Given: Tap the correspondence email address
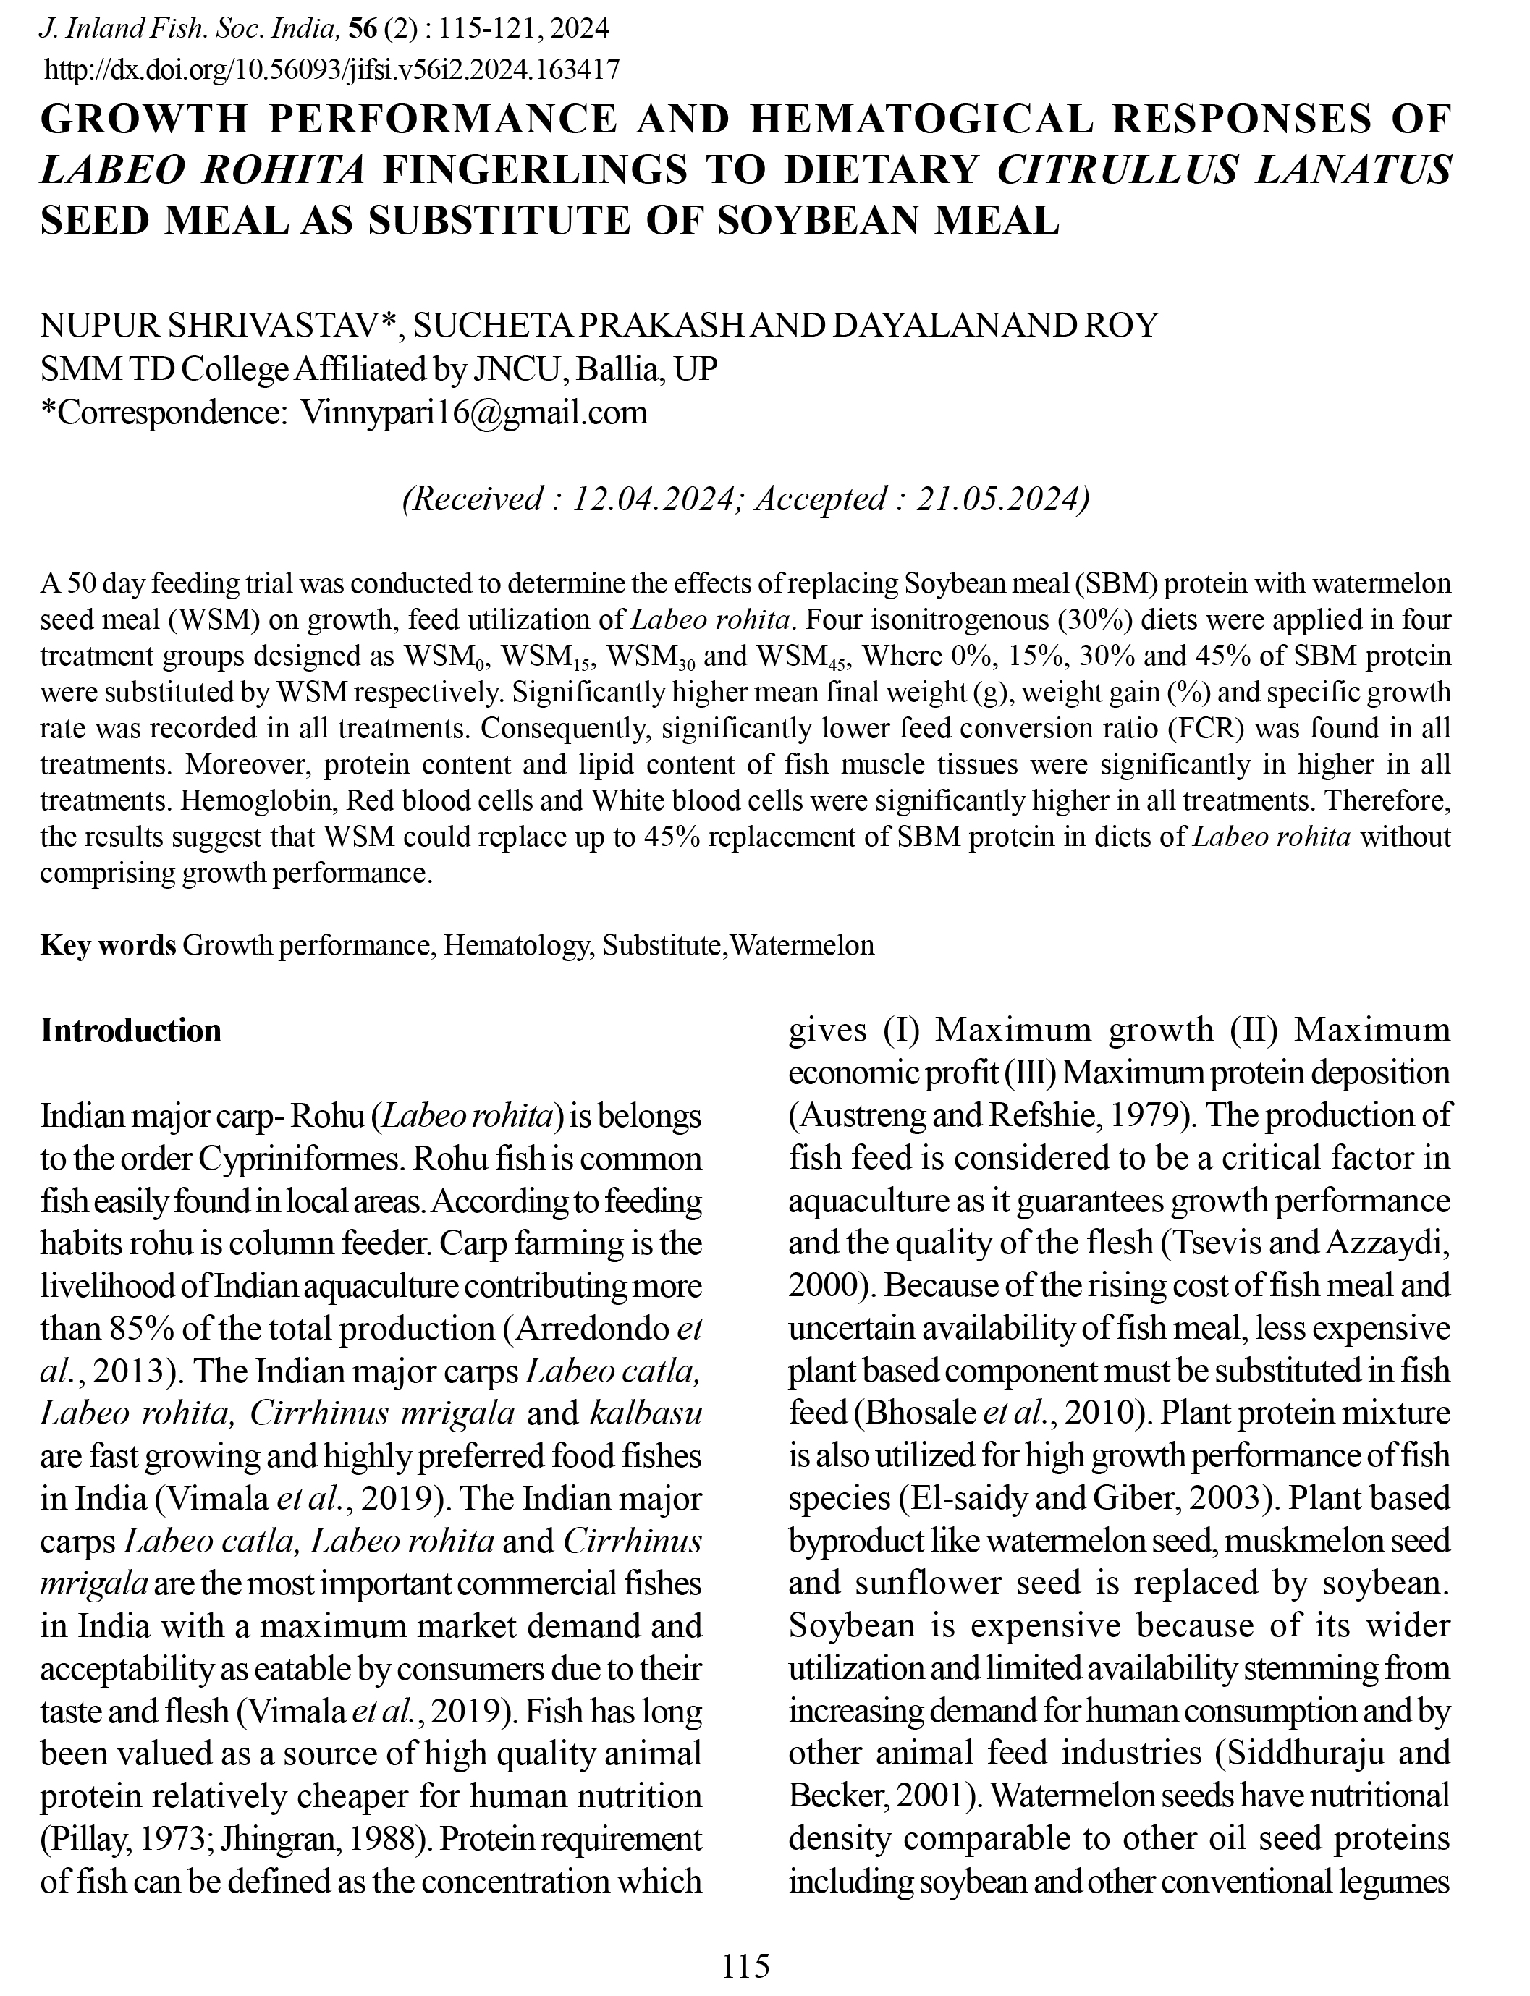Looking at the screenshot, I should click(473, 413).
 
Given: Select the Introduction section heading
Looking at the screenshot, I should click(131, 1031).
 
